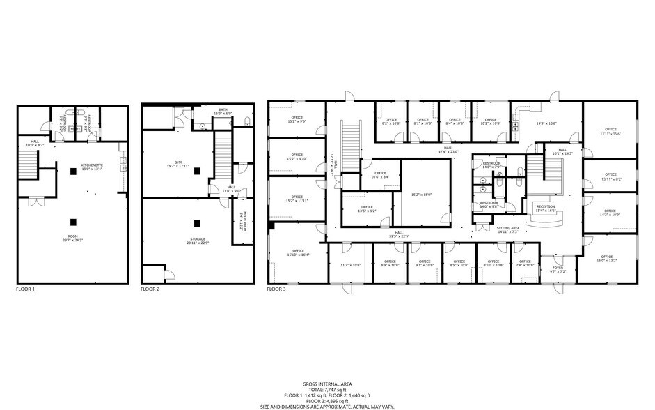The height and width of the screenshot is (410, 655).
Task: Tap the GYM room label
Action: pos(169,162)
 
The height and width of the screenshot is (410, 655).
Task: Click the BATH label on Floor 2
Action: pos(223,109)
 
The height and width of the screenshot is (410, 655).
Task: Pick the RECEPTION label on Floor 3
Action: pos(545,206)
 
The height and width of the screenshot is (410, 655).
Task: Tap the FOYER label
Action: pos(558,267)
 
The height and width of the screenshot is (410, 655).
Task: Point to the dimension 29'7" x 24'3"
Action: pos(72,241)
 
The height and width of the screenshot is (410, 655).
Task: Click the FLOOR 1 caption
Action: pos(25,289)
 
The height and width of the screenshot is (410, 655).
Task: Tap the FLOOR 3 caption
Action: pos(276,289)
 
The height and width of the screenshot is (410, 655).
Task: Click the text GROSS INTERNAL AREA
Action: pos(326,384)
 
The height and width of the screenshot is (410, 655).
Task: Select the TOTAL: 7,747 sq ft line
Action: pos(326,390)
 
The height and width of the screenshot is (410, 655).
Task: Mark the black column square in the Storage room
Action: pos(197,223)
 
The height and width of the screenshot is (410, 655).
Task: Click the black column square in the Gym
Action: pos(197,170)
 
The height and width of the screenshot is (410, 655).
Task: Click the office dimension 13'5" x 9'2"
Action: pos(367,211)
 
